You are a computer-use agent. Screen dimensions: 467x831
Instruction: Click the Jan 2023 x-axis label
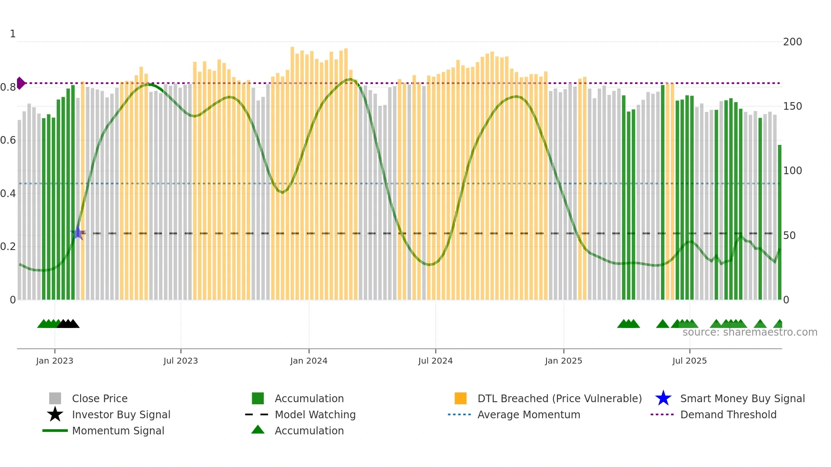click(54, 361)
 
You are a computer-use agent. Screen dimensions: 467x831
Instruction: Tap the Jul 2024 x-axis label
click(435, 361)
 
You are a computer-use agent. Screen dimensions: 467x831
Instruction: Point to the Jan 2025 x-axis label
click(563, 361)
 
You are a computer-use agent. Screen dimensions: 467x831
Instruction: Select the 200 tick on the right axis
click(792, 42)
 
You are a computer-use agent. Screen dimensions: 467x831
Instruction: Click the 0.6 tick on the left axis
click(8, 140)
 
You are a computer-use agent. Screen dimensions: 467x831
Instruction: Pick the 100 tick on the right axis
click(792, 171)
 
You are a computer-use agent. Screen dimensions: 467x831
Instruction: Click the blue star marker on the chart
click(78, 233)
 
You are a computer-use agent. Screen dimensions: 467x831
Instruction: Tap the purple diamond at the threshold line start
click(20, 83)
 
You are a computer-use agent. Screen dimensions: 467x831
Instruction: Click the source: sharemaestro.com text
click(750, 332)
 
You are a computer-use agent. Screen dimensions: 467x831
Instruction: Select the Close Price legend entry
click(99, 398)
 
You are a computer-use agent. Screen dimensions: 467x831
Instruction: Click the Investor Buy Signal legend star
click(55, 414)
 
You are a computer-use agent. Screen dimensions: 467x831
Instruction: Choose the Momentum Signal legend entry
click(117, 431)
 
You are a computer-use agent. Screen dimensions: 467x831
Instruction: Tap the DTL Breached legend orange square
click(460, 398)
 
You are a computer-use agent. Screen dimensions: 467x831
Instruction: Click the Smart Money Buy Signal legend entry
click(742, 398)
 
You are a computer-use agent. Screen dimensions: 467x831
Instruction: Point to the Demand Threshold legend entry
click(728, 414)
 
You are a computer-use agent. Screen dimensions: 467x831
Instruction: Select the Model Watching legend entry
click(315, 414)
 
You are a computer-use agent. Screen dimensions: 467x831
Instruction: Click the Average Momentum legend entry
click(528, 414)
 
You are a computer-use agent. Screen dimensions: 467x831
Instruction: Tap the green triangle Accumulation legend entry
click(258, 430)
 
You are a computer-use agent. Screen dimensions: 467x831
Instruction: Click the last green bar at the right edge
click(779, 222)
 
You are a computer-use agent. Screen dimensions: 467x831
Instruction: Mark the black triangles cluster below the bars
click(68, 324)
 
